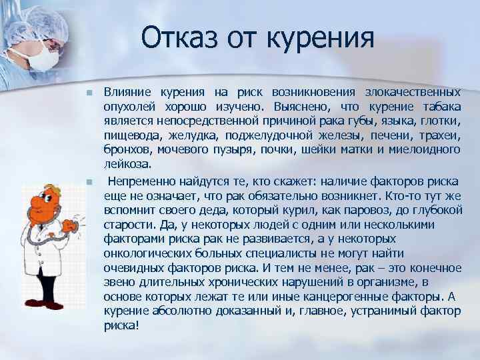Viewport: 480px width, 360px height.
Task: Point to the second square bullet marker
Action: tap(88, 181)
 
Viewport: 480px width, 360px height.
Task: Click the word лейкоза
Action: tap(127, 164)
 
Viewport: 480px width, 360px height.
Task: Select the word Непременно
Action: tap(139, 181)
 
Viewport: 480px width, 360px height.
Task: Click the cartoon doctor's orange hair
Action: tap(42, 189)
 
